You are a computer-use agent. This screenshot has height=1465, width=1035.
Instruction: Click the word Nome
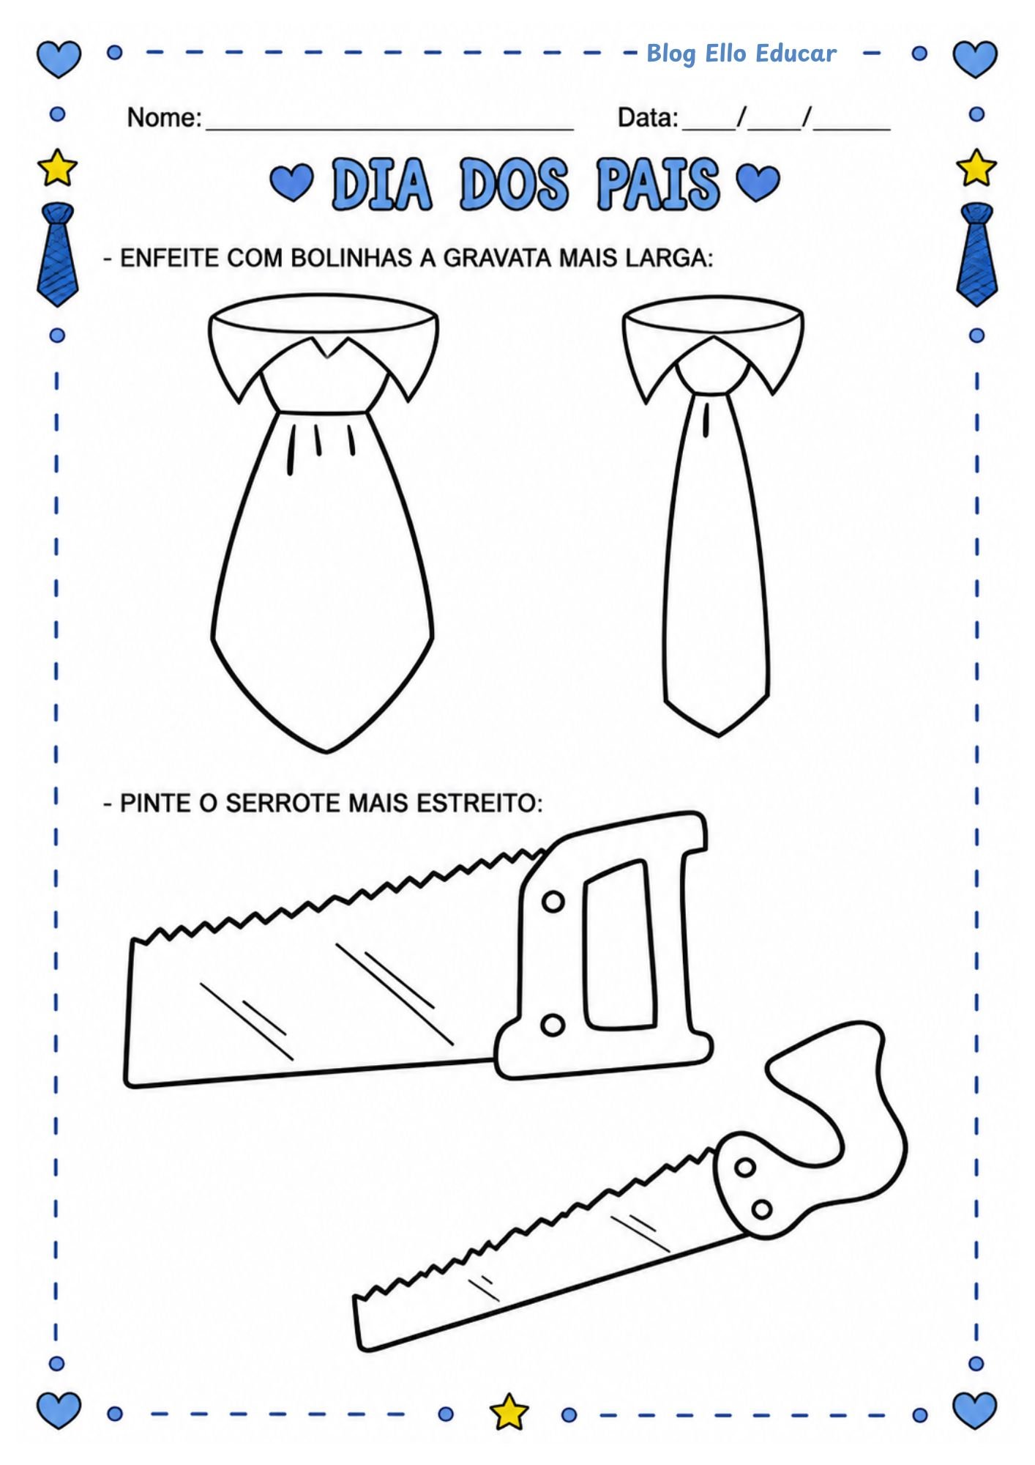163,117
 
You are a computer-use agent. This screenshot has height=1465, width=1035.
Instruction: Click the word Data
647,117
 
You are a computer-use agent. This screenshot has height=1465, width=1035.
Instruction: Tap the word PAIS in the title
657,184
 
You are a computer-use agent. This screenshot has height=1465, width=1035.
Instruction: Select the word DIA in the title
381,184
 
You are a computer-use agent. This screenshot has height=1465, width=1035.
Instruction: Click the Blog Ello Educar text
741,53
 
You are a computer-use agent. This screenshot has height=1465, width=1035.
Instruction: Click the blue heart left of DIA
291,182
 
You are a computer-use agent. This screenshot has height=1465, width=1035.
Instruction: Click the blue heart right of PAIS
758,182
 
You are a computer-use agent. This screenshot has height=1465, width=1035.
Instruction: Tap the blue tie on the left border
57,254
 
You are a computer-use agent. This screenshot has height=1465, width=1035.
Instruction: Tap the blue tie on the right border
977,254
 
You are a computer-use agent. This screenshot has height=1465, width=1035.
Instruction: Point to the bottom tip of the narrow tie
718,735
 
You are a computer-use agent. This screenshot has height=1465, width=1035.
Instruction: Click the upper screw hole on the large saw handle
553,902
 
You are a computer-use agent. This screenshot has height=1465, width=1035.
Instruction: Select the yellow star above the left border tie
57,168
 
